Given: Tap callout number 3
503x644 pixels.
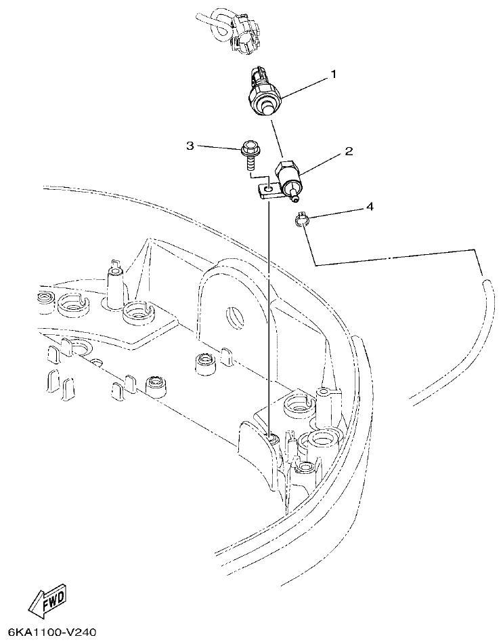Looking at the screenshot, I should coord(190,146).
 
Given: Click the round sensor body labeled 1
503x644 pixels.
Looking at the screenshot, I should coord(265,94).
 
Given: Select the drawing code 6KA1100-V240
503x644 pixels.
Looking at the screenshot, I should coord(49,633).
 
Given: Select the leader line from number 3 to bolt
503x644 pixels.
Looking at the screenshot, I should coord(219,146).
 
